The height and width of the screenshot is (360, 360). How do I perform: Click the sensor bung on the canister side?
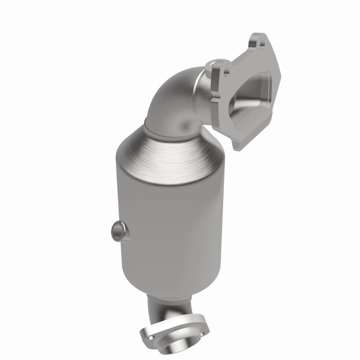117,231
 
